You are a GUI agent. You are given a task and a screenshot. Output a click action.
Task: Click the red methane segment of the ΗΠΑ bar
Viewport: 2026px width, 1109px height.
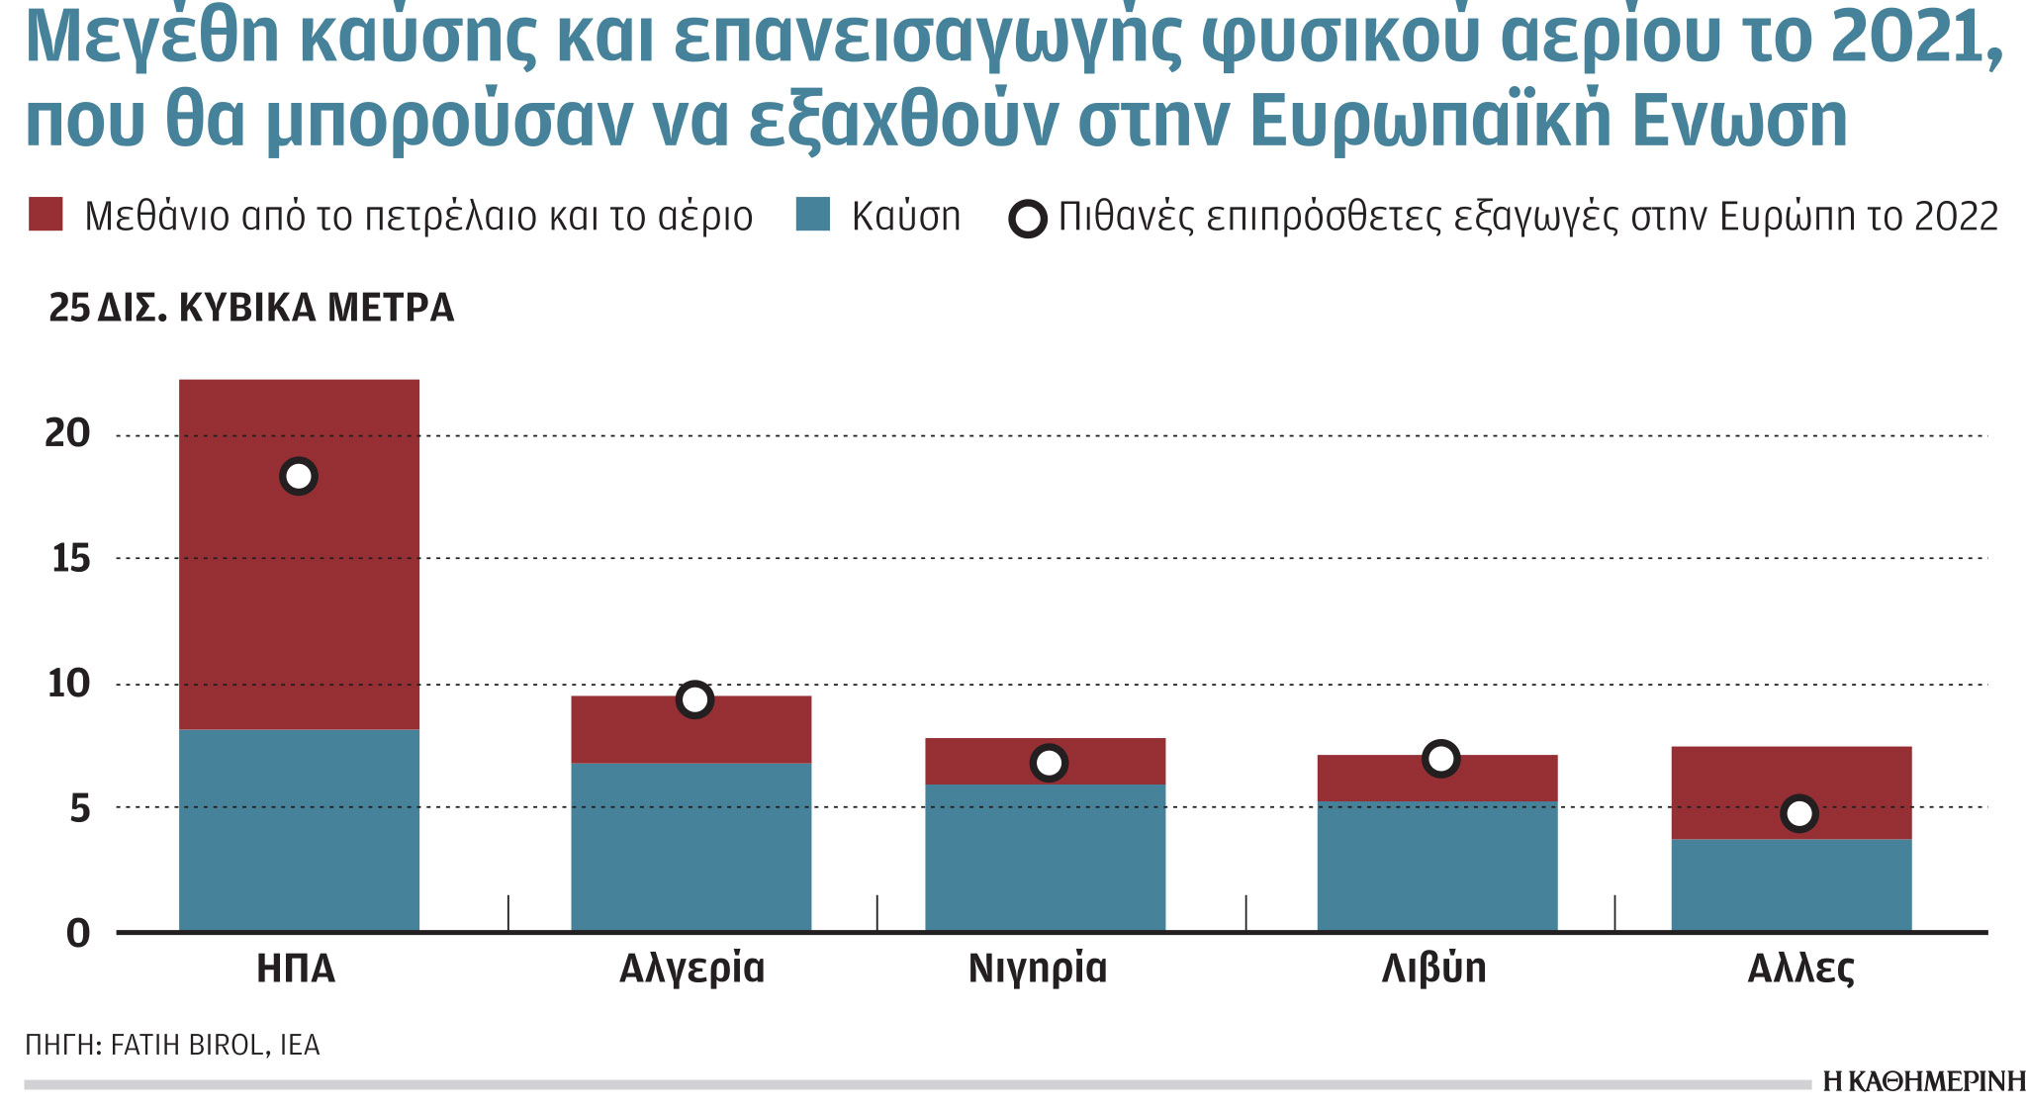coord(299,594)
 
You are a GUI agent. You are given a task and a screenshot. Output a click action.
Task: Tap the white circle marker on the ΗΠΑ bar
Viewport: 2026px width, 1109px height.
coord(299,476)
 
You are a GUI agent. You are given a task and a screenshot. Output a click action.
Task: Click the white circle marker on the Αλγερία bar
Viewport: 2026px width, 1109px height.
coord(695,700)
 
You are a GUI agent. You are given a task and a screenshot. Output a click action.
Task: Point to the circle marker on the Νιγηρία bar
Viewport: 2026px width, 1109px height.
coord(1049,763)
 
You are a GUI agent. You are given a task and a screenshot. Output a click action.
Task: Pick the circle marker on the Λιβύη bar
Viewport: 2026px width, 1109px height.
coord(1441,759)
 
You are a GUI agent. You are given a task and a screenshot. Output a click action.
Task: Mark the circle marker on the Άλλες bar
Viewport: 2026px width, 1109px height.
coord(1798,813)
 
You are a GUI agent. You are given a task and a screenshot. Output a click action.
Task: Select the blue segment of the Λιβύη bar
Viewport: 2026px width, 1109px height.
coord(1436,866)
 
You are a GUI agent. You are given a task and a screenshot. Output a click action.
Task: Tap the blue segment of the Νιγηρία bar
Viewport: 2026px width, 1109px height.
coord(1045,857)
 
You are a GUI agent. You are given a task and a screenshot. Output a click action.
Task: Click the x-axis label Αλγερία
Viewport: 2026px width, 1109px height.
coord(691,969)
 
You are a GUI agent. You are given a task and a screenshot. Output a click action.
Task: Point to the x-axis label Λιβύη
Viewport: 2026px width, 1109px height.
coord(1433,969)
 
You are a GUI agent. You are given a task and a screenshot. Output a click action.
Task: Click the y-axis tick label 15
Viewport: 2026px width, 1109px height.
coord(70,560)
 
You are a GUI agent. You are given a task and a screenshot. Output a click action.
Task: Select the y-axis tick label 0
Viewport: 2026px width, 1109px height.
coord(77,933)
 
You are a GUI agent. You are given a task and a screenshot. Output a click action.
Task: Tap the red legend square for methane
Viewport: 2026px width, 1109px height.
coord(46,214)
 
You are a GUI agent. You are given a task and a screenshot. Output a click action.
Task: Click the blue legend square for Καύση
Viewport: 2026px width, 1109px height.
coord(812,214)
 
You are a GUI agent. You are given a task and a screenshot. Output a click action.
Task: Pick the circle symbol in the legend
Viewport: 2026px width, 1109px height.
coord(1028,219)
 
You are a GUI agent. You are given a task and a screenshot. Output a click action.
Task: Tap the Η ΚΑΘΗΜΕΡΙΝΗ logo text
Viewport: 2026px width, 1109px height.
coord(1923,1081)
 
